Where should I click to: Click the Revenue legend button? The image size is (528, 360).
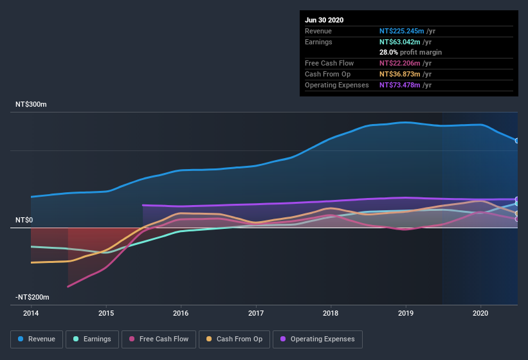(x=37, y=339)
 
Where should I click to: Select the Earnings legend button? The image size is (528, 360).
(x=92, y=339)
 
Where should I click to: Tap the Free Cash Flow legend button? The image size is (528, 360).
(x=159, y=339)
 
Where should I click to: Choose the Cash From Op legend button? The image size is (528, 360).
(x=233, y=339)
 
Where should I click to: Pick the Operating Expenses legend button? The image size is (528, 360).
(x=318, y=339)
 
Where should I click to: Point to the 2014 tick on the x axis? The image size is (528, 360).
(x=31, y=313)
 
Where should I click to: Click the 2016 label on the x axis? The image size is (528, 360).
(x=181, y=313)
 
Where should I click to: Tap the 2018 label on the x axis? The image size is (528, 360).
(x=331, y=313)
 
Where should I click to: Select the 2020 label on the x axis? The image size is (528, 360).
(x=480, y=313)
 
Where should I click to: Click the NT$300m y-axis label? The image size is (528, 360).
(x=32, y=104)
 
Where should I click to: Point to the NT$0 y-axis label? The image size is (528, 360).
(x=24, y=220)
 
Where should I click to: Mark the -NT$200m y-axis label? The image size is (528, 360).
(x=33, y=297)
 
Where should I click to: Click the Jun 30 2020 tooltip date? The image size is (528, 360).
(x=324, y=20)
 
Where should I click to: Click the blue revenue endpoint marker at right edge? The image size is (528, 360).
(x=517, y=140)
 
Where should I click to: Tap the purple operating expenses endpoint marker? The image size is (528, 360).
(x=517, y=199)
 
